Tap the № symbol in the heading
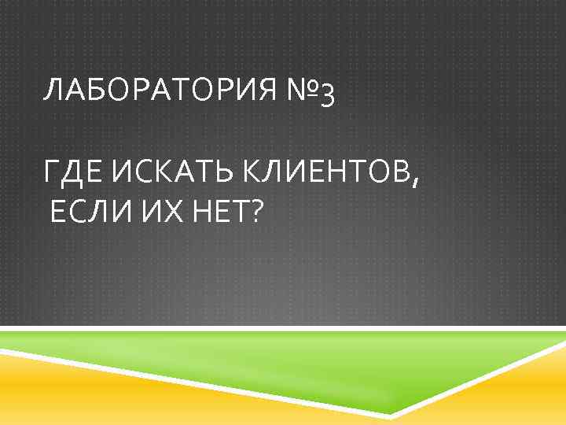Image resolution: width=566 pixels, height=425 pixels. pyautogui.click(x=300, y=92)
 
